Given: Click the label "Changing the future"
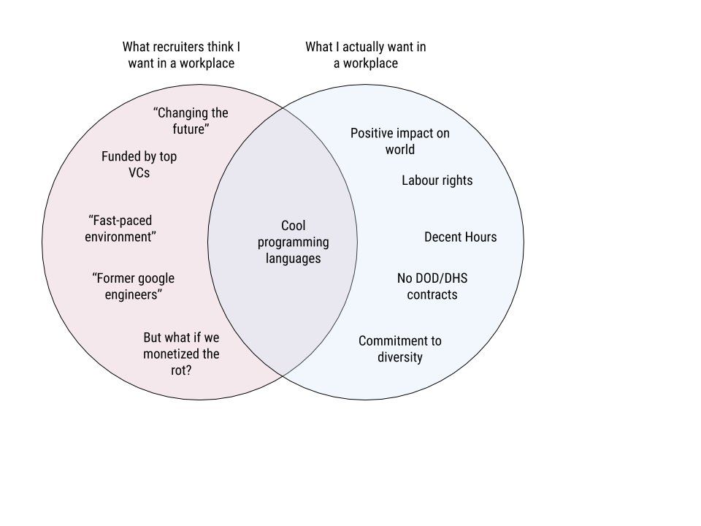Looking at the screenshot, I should tap(191, 121).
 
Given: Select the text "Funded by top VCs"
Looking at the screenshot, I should tap(139, 164).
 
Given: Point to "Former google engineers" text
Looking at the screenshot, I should tap(133, 286).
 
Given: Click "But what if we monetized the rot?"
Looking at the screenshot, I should tap(181, 354).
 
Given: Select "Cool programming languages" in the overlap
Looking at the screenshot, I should tap(293, 242).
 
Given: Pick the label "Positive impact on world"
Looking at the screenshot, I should tap(400, 141).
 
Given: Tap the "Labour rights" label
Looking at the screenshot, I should tap(437, 180).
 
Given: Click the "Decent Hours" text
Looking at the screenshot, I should tap(460, 237).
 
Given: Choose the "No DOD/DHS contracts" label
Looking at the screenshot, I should tap(432, 286).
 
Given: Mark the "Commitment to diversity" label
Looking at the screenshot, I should tap(400, 348).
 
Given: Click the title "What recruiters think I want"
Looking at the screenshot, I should tap(181, 55).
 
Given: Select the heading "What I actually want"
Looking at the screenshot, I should tap(365, 55).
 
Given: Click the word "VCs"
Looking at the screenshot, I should tap(139, 173).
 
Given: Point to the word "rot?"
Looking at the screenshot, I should tap(181, 370).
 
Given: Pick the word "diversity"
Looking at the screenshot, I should tap(400, 357).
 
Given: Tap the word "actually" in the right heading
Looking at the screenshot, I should tap(361, 47).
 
